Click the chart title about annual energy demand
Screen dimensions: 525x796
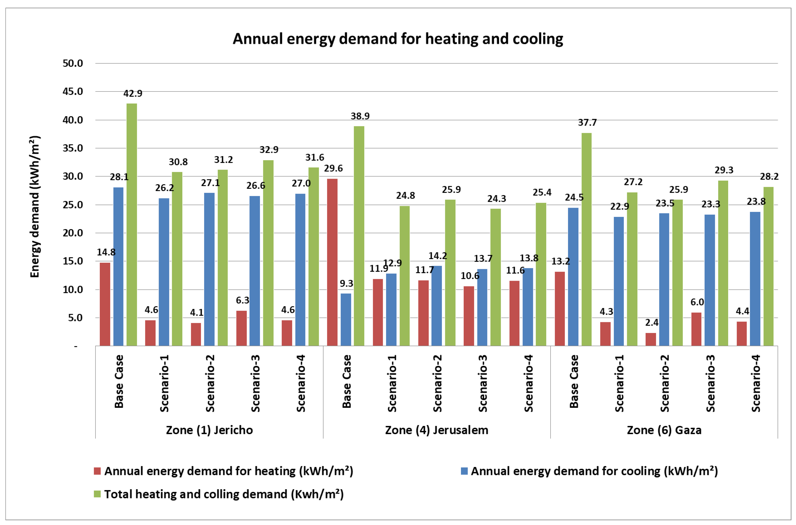tap(398, 39)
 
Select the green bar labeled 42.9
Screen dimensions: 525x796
tap(132, 224)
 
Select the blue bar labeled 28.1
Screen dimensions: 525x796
tap(118, 266)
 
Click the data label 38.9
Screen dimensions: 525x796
tap(360, 116)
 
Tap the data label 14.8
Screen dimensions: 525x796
tap(106, 252)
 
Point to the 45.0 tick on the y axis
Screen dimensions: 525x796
tap(73, 91)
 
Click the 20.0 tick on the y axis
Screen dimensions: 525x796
tap(73, 233)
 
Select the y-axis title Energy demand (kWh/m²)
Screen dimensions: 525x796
tap(35, 207)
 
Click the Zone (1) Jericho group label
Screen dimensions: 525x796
tap(209, 430)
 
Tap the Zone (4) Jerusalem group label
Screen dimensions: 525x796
tap(436, 430)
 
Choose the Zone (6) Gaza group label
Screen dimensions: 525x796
tap(664, 430)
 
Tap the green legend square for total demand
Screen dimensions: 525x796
tap(97, 494)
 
